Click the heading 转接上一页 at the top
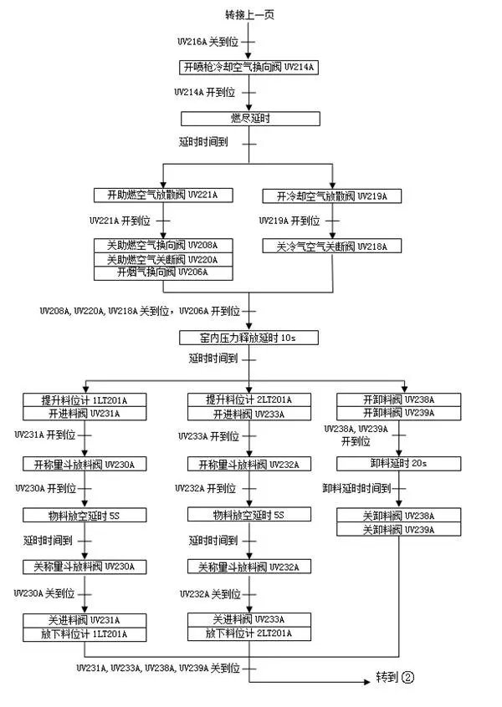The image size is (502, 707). (x=249, y=15)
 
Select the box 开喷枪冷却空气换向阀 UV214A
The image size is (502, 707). (x=250, y=66)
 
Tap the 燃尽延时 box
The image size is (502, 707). (x=250, y=118)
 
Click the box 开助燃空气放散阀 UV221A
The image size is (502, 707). (x=163, y=196)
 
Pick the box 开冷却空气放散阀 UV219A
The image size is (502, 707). (x=332, y=196)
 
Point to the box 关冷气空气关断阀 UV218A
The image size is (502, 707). (x=332, y=247)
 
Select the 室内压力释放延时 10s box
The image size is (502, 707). (x=250, y=337)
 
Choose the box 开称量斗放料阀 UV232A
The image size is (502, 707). (x=248, y=464)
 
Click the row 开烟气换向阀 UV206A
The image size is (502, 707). (x=163, y=272)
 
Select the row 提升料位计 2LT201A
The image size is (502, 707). (x=248, y=399)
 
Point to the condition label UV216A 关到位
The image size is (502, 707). (x=209, y=40)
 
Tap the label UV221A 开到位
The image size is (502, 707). (x=120, y=221)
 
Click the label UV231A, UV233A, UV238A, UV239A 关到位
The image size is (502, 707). (x=158, y=668)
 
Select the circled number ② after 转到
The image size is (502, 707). (x=407, y=678)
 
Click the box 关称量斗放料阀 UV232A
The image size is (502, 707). (x=248, y=567)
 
